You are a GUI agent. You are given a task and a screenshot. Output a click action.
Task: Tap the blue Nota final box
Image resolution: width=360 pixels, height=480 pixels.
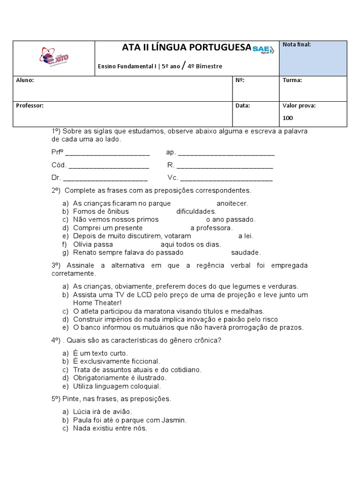coord(313,58)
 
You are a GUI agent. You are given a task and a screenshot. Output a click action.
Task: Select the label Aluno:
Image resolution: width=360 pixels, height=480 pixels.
coord(25,80)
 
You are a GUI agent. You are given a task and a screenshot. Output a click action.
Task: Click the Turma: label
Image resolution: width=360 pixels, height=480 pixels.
coord(292,80)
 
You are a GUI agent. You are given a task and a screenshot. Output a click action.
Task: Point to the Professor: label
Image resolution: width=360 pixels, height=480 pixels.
coord(30,106)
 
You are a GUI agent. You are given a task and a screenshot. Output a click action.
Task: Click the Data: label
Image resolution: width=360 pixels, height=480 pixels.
coord(242,106)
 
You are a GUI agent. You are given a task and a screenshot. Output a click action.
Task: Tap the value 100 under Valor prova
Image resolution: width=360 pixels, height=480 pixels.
coord(287,118)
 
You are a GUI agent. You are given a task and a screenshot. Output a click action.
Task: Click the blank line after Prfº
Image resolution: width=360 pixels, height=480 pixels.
coord(107,153)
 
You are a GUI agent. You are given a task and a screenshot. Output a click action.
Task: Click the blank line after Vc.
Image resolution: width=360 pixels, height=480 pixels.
coord(226,179)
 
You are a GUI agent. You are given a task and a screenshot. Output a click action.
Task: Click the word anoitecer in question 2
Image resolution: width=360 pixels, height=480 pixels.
coord(232,203)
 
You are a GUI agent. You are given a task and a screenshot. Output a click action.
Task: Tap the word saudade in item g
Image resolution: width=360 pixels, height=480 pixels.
coord(246,252)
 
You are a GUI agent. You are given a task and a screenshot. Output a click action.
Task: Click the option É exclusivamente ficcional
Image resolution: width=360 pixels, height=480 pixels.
coord(116,361)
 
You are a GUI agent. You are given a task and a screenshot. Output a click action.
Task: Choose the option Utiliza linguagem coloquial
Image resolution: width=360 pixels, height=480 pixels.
coord(117,386)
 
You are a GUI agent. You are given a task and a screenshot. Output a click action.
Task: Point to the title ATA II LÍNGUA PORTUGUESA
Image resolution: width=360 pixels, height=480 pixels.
coord(186,47)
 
